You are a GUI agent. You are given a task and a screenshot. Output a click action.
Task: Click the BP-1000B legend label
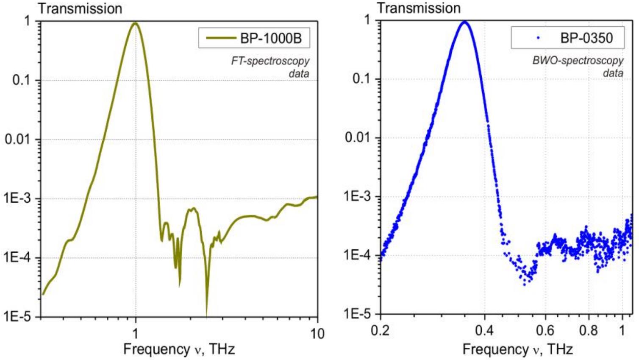(x=271, y=38)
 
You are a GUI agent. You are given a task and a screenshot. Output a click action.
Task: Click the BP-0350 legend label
(x=586, y=38)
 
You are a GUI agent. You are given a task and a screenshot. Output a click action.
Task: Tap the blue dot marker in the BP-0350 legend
(x=538, y=38)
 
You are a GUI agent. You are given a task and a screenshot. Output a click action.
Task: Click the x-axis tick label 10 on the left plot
(x=317, y=334)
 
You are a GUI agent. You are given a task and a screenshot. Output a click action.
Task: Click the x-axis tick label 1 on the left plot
(x=136, y=334)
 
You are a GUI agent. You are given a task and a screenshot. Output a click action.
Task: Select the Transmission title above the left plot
(x=80, y=8)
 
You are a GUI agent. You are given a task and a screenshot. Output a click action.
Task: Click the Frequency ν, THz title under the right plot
(x=517, y=349)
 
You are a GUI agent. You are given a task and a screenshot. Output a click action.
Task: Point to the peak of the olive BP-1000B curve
(x=135, y=23)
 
